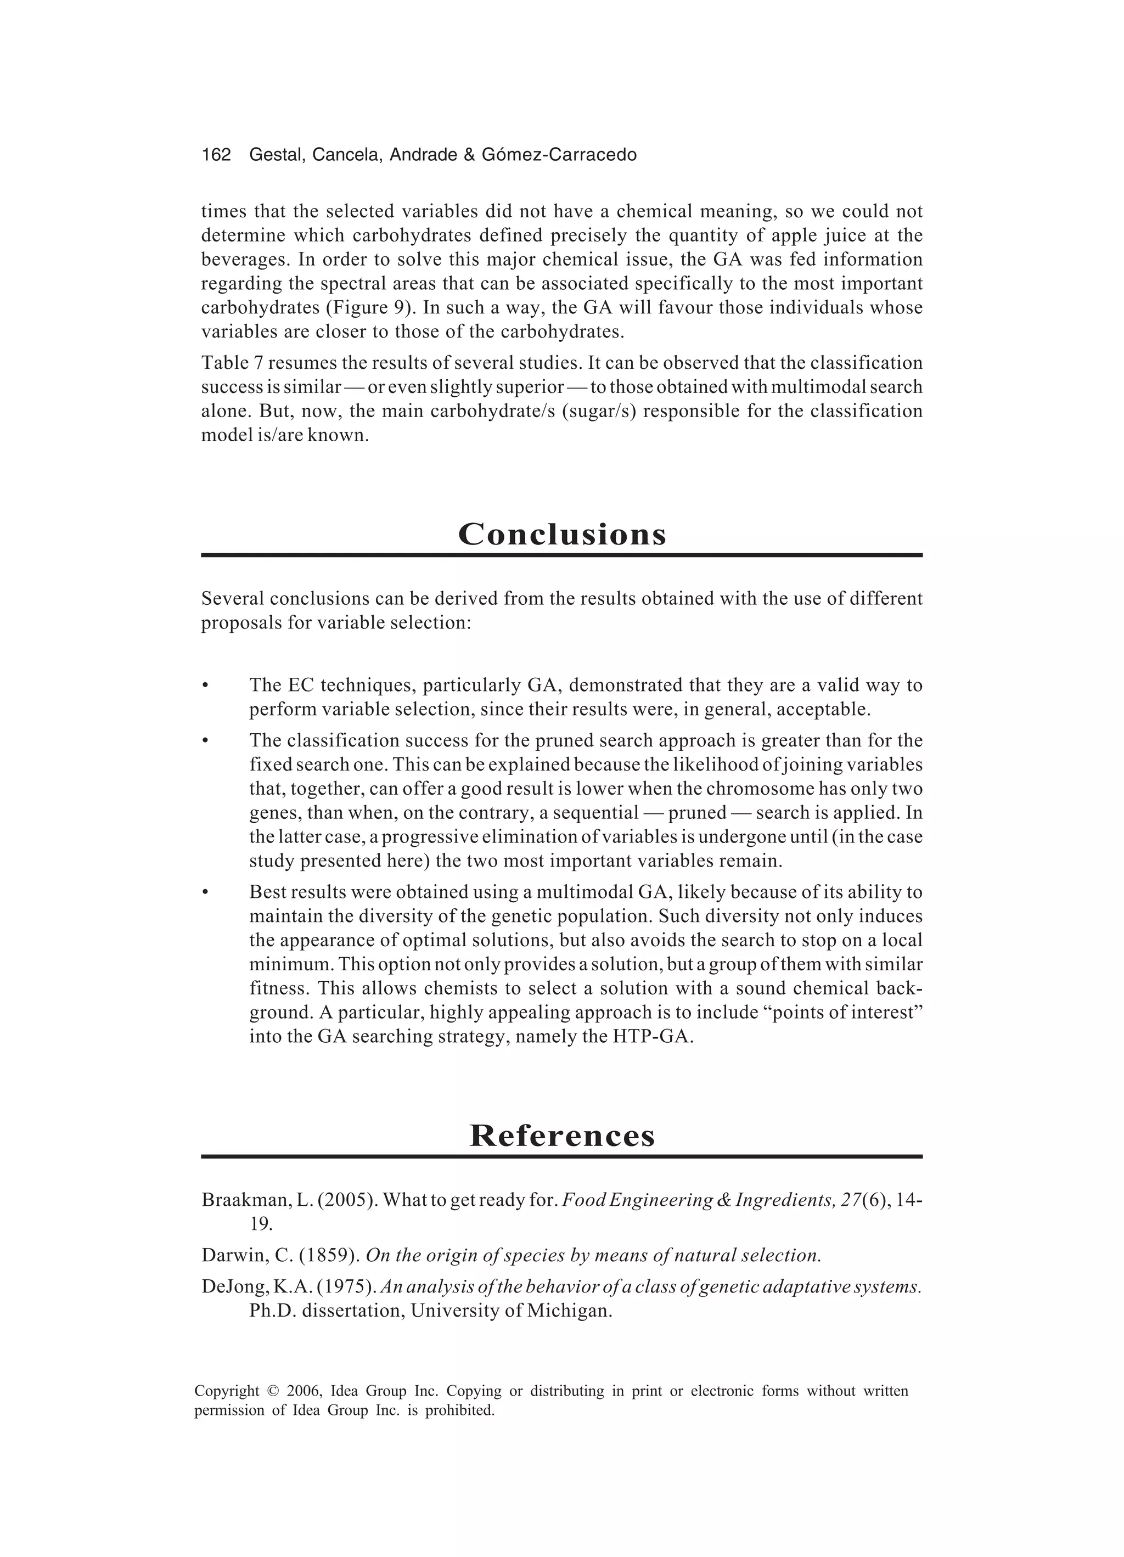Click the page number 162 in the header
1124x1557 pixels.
coord(216,155)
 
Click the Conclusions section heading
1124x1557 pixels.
coord(561,534)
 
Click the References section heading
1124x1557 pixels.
coord(561,1136)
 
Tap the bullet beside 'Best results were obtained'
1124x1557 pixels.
coord(205,893)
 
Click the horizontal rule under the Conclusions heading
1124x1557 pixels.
coord(561,555)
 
